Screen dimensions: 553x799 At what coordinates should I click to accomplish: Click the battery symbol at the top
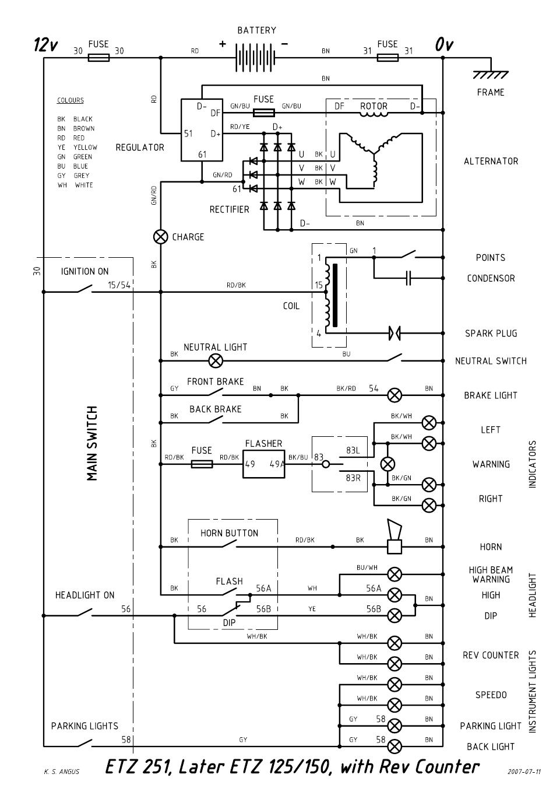[x=255, y=57]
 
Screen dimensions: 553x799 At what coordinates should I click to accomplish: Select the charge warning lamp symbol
[x=160, y=237]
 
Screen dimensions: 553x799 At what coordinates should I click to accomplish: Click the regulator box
[x=202, y=130]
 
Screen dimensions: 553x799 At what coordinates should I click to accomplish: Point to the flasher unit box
[x=263, y=464]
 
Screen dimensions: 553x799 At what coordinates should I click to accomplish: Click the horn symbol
[x=395, y=537]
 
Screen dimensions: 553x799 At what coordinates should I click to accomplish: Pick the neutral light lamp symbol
[x=216, y=361]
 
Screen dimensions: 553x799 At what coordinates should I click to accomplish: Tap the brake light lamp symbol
[x=395, y=395]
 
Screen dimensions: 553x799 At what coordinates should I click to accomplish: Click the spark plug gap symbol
[x=395, y=333]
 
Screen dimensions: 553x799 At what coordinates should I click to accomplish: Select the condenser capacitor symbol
[x=408, y=278]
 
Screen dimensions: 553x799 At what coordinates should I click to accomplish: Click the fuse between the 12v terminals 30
[x=98, y=57]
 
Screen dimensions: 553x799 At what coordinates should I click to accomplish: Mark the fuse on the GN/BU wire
[x=263, y=113]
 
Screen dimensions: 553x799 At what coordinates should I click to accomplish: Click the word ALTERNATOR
[x=491, y=161]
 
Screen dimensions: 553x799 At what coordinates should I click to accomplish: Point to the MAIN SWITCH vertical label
[x=92, y=443]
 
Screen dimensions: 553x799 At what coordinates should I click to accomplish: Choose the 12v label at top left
[x=45, y=44]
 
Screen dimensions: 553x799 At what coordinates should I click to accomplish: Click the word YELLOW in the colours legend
[x=85, y=148]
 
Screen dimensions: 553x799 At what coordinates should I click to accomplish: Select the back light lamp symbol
[x=395, y=746]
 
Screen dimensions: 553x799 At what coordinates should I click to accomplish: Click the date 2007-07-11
[x=524, y=772]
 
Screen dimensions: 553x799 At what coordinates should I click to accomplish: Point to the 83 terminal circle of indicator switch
[x=326, y=464]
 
